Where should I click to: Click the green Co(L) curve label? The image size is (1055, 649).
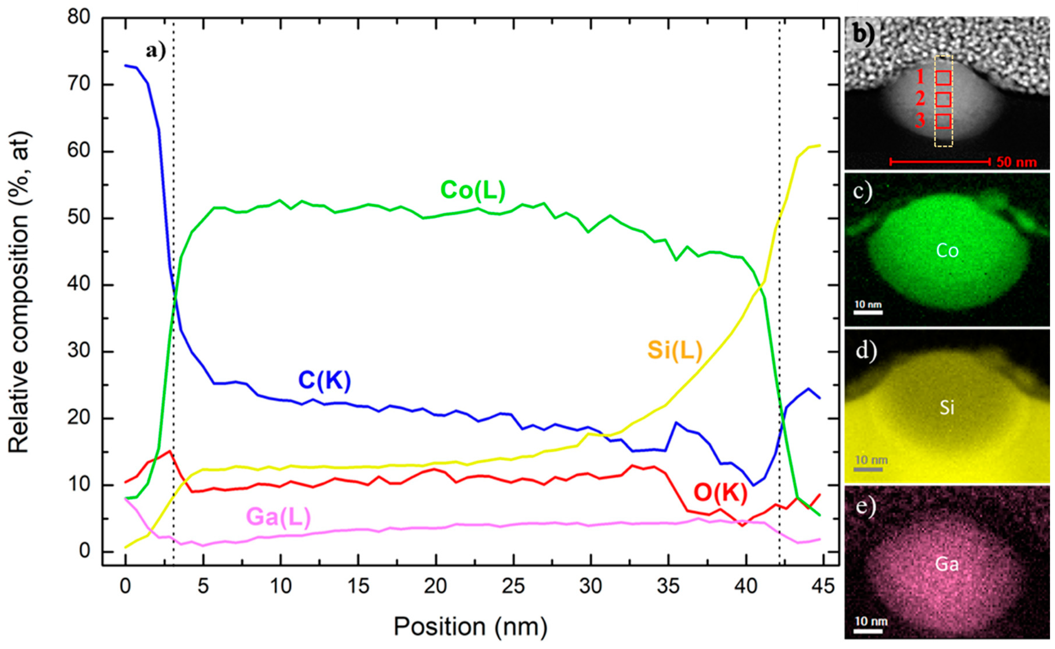coord(473,190)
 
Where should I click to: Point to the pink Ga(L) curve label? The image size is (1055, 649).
coord(278,517)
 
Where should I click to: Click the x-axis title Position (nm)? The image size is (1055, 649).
coord(470,627)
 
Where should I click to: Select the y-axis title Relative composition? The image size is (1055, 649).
coord(19,292)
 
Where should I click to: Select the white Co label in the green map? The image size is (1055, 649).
coord(947,251)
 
